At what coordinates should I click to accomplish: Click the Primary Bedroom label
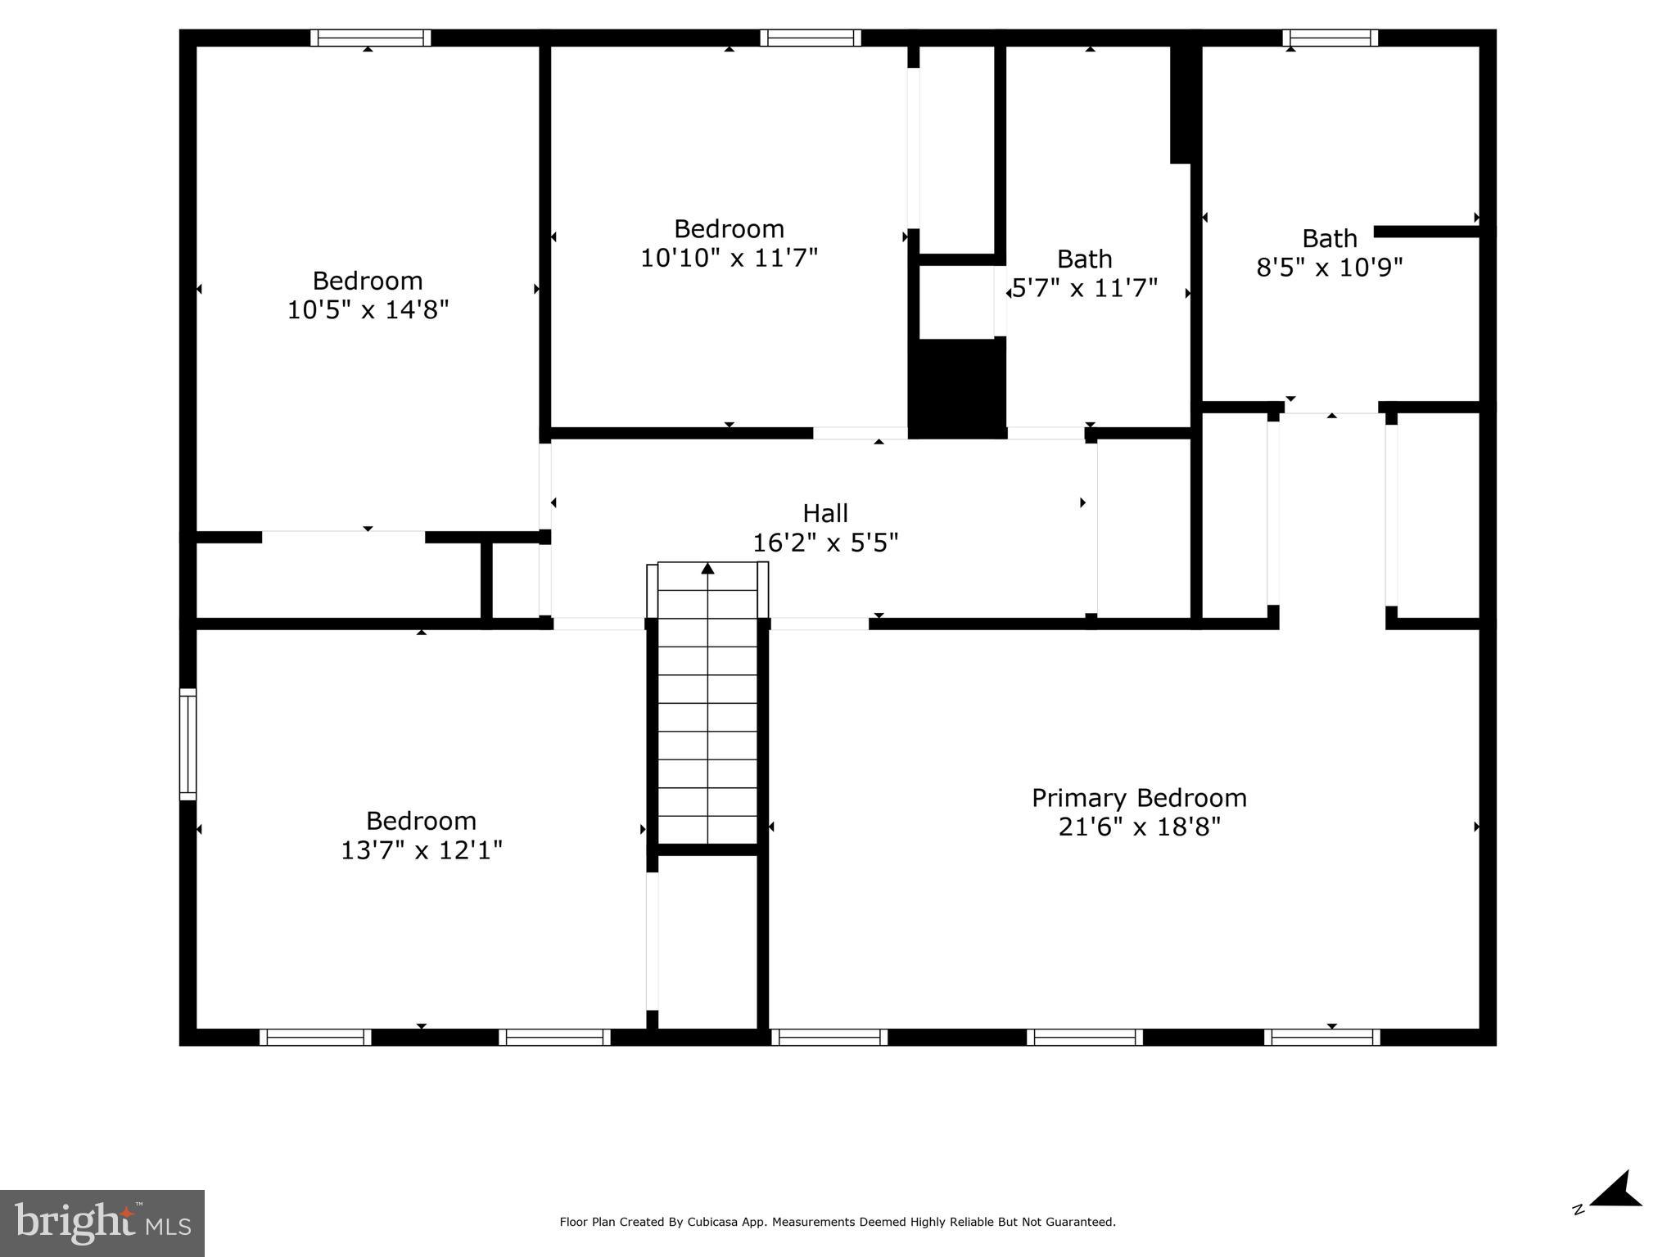click(x=1139, y=798)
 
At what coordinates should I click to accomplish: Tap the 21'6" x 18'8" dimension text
click(x=1139, y=827)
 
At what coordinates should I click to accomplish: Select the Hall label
click(x=825, y=514)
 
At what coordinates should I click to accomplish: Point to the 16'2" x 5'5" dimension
click(x=825, y=543)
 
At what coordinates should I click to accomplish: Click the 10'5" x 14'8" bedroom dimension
click(x=368, y=310)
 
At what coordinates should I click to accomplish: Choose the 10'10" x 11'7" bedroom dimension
click(x=729, y=259)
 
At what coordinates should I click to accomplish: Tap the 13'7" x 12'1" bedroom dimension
click(x=421, y=851)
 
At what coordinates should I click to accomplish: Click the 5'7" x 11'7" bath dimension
click(x=1085, y=289)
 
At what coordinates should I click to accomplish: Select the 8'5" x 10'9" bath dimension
click(x=1330, y=268)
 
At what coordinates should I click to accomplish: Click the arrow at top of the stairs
click(x=708, y=568)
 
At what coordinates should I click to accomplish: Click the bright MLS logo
click(x=102, y=1223)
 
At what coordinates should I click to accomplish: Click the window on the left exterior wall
click(x=187, y=744)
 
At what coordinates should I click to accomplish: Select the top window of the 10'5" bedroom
click(x=370, y=38)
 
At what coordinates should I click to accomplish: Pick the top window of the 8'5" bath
click(x=1330, y=38)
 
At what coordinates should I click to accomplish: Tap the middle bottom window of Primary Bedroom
click(x=1084, y=1038)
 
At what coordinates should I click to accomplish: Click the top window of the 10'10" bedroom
click(x=810, y=38)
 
